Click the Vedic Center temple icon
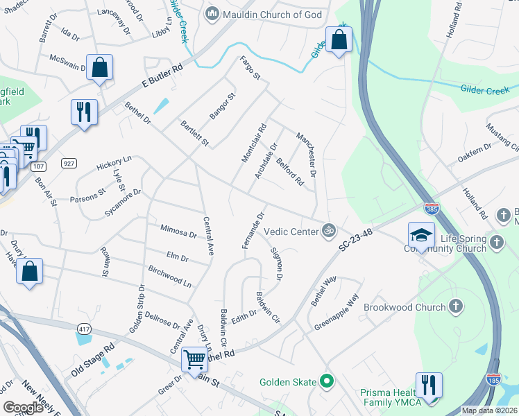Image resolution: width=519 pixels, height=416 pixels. [329, 230]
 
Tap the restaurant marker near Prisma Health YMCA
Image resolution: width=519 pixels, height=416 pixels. [429, 385]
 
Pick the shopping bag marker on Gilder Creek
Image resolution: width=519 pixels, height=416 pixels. [339, 41]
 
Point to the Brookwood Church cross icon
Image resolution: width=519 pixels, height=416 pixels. [455, 306]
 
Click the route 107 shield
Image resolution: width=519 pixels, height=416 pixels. [39, 166]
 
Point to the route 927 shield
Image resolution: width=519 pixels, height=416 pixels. [68, 163]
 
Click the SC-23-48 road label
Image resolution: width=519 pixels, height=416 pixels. [356, 242]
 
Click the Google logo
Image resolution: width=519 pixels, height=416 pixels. [23, 408]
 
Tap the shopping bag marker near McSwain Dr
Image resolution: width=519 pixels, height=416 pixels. [100, 68]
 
